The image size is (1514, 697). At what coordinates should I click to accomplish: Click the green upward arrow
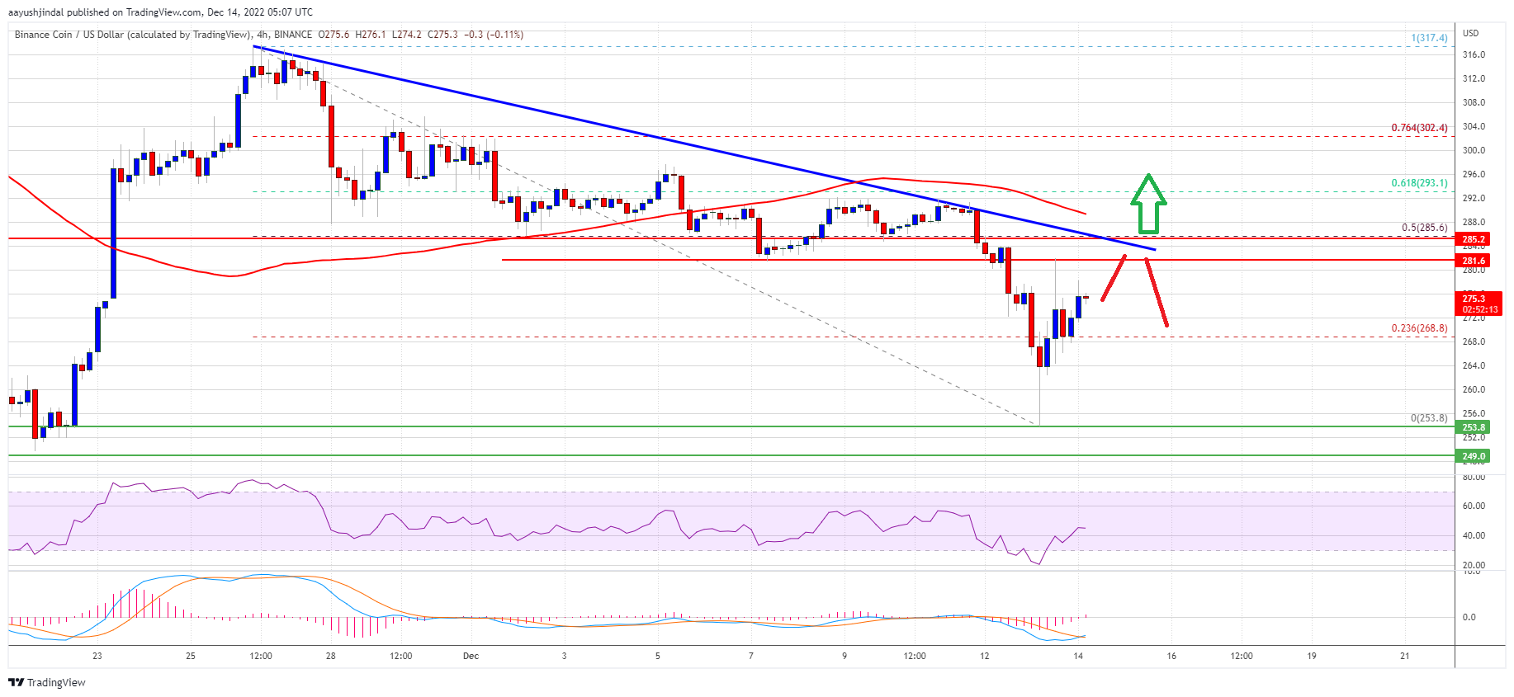(x=1147, y=204)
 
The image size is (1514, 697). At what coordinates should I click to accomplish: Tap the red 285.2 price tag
(x=1474, y=239)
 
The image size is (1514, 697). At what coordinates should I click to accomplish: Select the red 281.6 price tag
(x=1474, y=261)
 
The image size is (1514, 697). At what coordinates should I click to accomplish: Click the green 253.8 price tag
(x=1474, y=427)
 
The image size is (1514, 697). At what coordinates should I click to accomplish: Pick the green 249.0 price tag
(x=1474, y=456)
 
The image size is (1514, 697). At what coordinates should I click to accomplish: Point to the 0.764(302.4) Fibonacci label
(x=1418, y=128)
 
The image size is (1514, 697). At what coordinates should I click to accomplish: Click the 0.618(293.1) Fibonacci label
(x=1418, y=183)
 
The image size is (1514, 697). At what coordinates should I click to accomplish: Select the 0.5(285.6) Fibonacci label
(x=1423, y=228)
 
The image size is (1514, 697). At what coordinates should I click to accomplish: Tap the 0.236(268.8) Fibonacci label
(x=1418, y=328)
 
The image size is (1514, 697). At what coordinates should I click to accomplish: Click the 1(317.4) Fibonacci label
(x=1428, y=38)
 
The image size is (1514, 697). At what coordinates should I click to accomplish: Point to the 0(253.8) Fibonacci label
(x=1428, y=418)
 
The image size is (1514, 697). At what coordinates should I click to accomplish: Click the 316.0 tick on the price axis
(x=1474, y=55)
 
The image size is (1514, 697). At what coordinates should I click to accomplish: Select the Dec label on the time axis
(x=471, y=657)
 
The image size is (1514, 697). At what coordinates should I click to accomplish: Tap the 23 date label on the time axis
(x=97, y=657)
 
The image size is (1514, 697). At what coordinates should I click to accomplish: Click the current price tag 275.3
(x=1474, y=299)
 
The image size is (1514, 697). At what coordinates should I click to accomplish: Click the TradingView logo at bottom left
(x=47, y=682)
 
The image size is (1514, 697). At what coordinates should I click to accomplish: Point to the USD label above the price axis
(x=1470, y=33)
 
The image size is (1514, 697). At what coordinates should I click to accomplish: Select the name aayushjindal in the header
(x=35, y=12)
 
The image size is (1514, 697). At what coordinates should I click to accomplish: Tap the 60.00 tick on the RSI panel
(x=1474, y=506)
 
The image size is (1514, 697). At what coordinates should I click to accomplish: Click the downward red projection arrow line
(x=1157, y=293)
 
